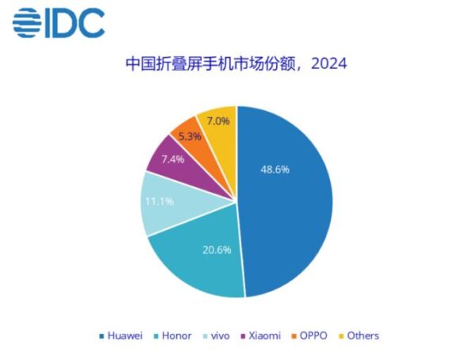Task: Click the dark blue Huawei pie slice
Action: pos(294,214)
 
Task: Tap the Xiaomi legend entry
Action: pos(262,335)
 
